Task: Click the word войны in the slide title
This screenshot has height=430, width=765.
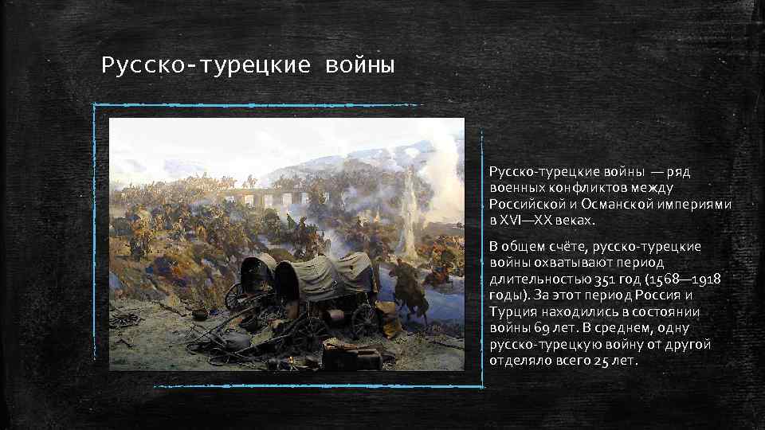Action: pyautogui.click(x=359, y=63)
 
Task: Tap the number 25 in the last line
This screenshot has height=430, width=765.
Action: pyautogui.click(x=602, y=361)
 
